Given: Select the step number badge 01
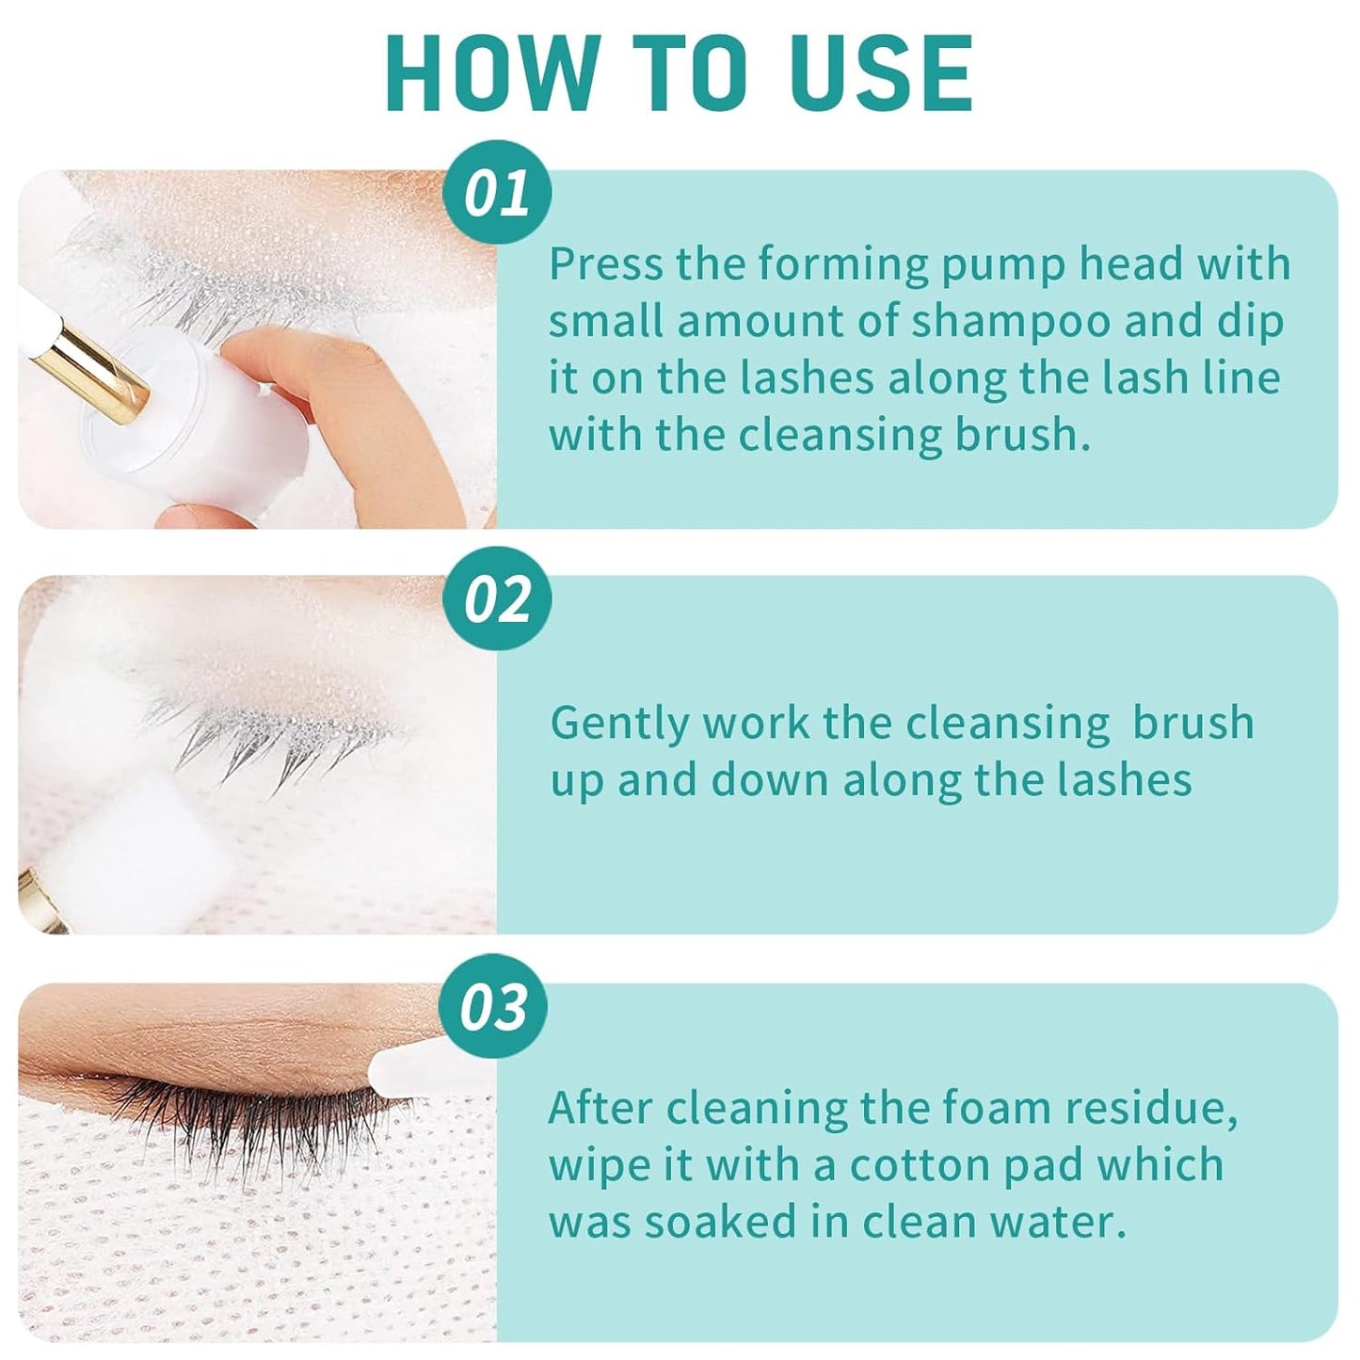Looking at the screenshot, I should click(497, 196).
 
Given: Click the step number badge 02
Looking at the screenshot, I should click(497, 601).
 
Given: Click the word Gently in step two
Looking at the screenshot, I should click(620, 725).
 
